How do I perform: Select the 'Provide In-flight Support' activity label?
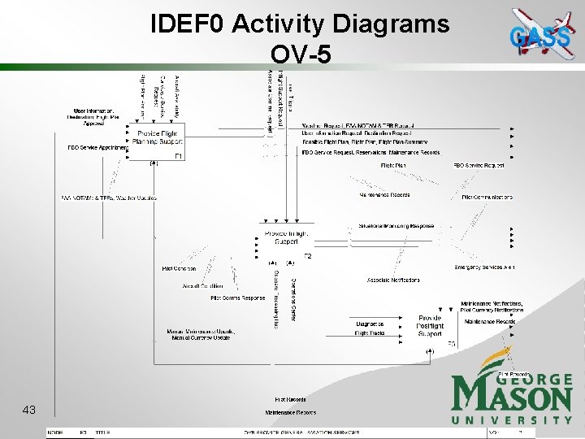(x=287, y=237)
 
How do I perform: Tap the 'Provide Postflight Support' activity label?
(x=430, y=326)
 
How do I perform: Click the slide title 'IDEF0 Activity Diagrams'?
(x=300, y=24)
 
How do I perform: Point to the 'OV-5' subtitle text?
(x=300, y=54)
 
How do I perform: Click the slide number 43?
(x=29, y=410)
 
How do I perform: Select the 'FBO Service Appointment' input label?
(x=97, y=148)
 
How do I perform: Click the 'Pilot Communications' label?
(x=487, y=198)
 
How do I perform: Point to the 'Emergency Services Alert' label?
(x=484, y=267)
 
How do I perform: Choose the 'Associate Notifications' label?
(x=393, y=280)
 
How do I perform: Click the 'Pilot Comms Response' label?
(x=238, y=298)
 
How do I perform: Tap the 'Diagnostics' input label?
(x=370, y=324)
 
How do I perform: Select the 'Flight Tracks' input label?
(x=370, y=333)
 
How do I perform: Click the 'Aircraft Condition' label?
(x=203, y=286)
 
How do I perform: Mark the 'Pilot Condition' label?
(x=179, y=268)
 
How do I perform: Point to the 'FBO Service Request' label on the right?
(x=479, y=166)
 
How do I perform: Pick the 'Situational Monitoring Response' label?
(x=396, y=226)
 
